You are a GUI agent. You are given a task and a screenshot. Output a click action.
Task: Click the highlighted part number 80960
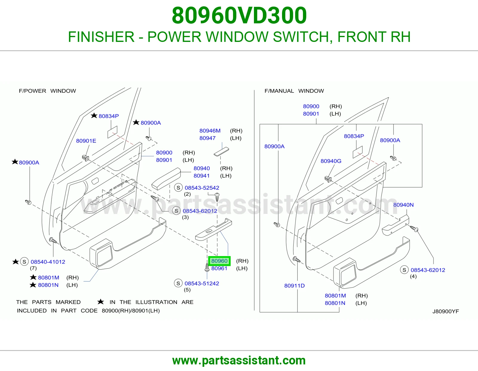pos(219,261)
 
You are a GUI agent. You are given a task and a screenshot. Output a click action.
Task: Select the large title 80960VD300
pos(239,15)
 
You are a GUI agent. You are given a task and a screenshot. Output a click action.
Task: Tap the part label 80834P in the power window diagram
pos(109,116)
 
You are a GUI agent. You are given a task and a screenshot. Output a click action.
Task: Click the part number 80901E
pos(86,141)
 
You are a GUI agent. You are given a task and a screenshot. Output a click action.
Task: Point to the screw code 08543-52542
pos(202,188)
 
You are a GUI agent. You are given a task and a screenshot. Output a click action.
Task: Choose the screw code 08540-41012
pos(48,262)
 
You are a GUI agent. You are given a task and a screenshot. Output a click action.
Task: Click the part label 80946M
pos(210,131)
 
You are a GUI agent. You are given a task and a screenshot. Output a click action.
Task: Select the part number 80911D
pos(294,285)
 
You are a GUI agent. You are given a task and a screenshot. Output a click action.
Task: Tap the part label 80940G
pos(331,161)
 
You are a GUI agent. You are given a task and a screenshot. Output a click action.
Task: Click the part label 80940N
pos(403,205)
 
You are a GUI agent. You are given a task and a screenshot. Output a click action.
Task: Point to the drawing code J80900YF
pos(446,311)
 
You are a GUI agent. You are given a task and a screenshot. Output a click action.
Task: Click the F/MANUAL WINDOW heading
pos(294,91)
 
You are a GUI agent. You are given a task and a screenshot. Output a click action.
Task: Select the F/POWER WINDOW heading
pos(47,91)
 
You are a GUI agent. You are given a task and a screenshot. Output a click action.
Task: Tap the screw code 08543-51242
pos(202,283)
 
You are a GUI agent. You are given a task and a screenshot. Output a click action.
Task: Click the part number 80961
pos(219,268)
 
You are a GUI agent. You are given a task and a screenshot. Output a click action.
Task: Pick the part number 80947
pos(207,138)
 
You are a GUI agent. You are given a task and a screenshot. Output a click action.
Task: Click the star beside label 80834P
pos(94,115)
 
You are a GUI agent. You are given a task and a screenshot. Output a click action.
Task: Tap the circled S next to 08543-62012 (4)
pos(404,270)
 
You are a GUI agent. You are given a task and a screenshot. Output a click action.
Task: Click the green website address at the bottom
pos(239,361)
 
